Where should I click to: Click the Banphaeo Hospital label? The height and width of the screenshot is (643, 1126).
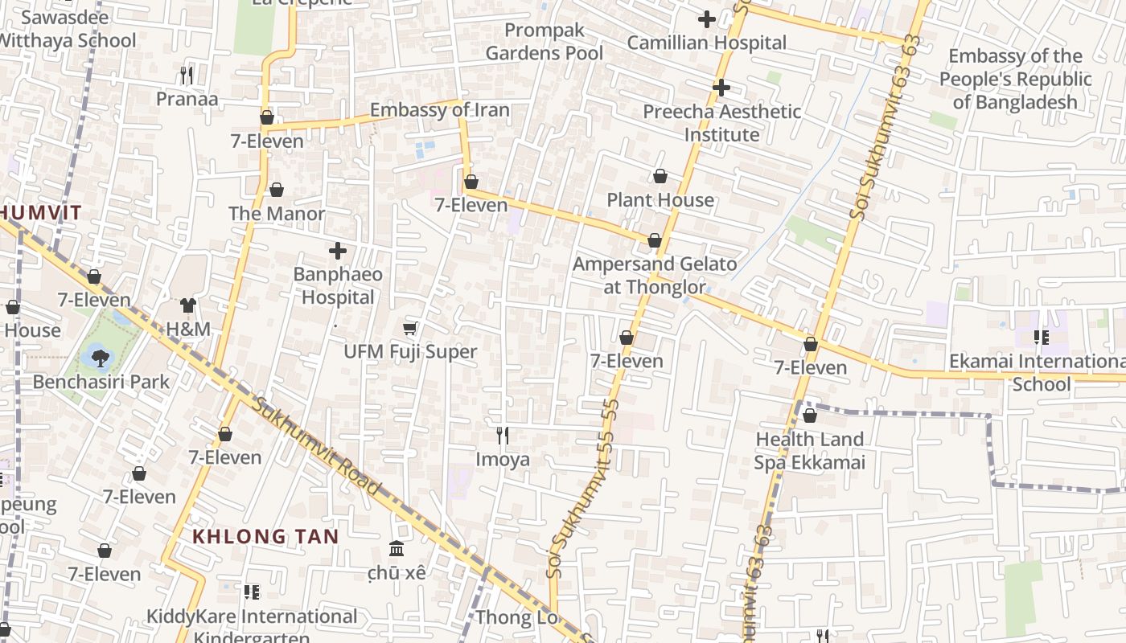click(338, 286)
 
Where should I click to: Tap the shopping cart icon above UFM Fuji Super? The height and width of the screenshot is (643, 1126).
click(410, 328)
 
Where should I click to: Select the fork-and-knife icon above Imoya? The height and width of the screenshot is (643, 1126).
click(503, 436)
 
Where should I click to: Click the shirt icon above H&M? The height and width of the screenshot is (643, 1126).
click(188, 305)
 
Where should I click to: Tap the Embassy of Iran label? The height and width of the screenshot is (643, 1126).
click(439, 110)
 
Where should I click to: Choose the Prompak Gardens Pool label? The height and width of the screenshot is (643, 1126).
click(545, 42)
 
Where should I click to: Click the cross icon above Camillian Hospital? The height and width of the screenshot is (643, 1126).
click(707, 18)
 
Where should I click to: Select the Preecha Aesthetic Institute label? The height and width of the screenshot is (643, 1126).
click(722, 123)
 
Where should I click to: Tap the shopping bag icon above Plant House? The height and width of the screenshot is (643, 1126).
click(660, 176)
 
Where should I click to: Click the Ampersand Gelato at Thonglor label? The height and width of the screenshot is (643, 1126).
click(655, 276)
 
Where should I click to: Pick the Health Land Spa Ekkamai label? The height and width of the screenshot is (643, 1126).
click(810, 451)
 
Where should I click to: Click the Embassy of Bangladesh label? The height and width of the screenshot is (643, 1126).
click(1015, 79)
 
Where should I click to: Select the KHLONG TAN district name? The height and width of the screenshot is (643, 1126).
click(265, 536)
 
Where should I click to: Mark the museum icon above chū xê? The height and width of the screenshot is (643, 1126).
click(397, 549)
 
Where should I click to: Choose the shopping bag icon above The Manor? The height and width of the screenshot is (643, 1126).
click(277, 190)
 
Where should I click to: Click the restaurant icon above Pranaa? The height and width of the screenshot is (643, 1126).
click(187, 76)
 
